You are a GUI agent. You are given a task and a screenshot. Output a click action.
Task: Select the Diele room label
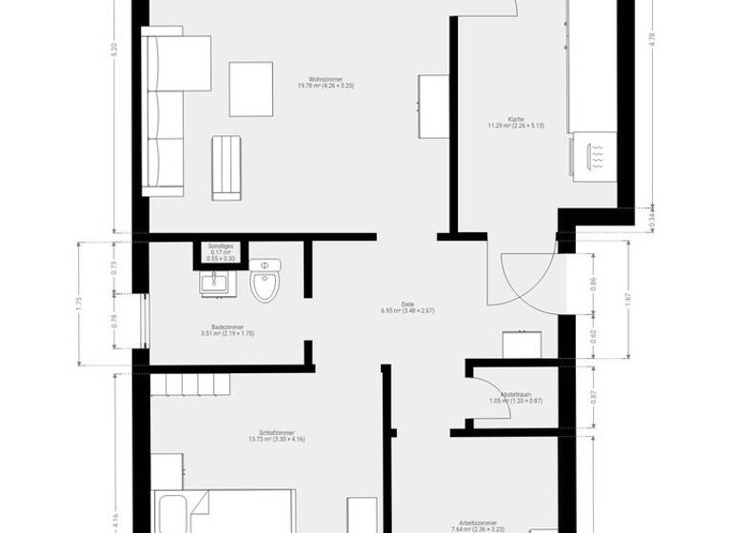click(406, 306)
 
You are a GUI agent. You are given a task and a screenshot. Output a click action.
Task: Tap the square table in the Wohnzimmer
click(252, 89)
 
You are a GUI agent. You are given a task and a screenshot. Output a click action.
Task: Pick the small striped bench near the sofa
click(227, 168)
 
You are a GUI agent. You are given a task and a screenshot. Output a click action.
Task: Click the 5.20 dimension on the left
click(114, 50)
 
